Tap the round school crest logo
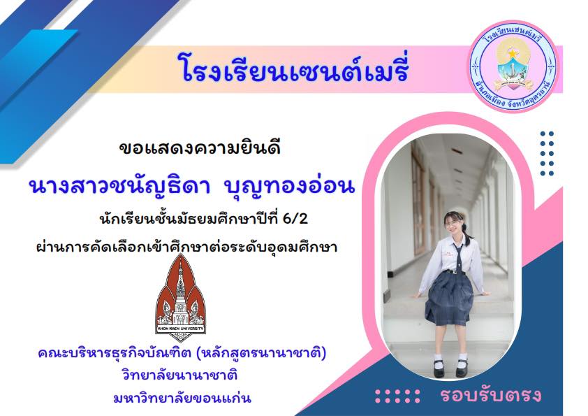(513, 66)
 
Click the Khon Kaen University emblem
(180, 298)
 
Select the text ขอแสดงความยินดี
(200, 148)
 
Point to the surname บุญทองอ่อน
(288, 185)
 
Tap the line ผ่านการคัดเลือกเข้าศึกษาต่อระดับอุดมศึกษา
(186, 247)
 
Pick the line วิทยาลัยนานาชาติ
(179, 375)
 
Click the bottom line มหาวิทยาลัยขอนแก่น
(182, 398)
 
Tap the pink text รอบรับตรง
(490, 395)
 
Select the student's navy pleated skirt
(449, 297)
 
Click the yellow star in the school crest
(513, 54)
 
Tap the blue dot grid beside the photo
(547, 153)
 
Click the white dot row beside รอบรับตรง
(397, 396)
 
